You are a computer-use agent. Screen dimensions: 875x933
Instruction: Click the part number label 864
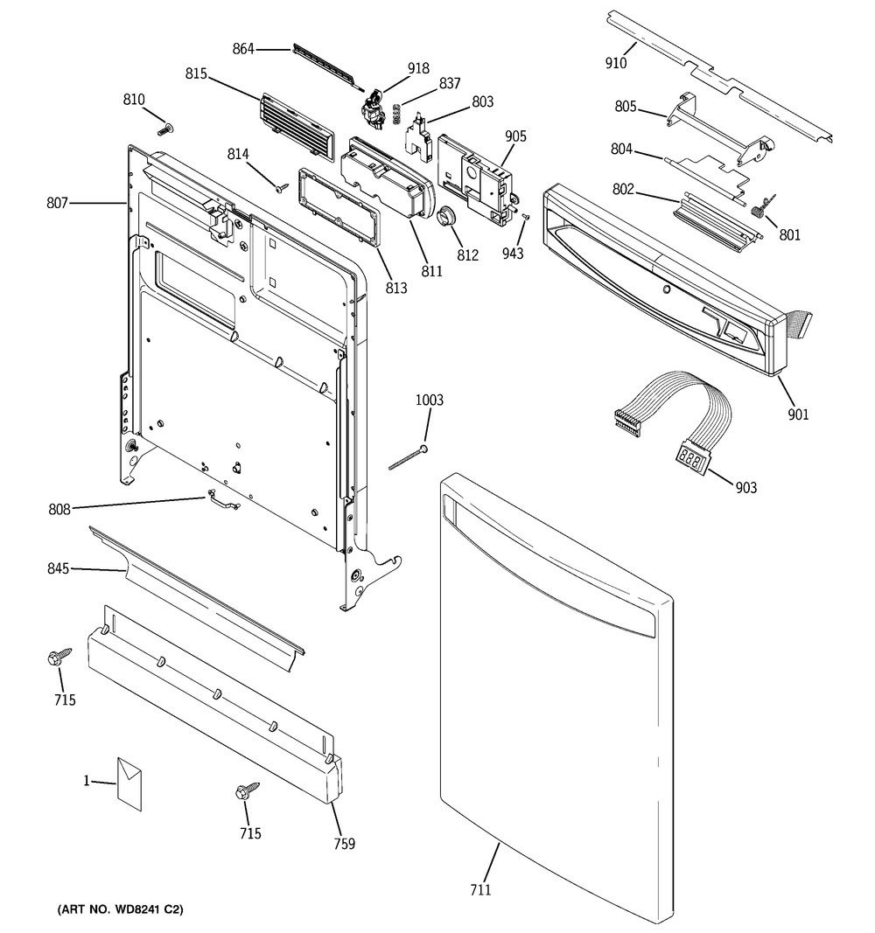[243, 49]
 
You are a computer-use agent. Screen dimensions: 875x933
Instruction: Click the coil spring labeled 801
[758, 207]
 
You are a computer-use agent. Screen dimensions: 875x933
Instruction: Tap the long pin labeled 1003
[408, 457]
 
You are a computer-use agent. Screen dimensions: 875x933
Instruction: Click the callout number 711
[481, 889]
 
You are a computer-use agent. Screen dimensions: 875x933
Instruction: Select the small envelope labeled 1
[129, 783]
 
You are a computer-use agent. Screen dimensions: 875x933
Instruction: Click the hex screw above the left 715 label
[59, 657]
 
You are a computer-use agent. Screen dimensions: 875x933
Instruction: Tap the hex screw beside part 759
[248, 791]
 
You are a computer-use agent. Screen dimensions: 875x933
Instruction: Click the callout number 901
[798, 414]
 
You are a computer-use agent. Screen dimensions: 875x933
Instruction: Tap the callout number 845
[59, 569]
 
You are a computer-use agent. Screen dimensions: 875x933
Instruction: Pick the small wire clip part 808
[222, 500]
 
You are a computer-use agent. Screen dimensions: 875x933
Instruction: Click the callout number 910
[616, 62]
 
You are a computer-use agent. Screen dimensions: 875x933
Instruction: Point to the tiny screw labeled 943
[525, 217]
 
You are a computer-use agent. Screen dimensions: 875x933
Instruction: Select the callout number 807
[57, 204]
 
